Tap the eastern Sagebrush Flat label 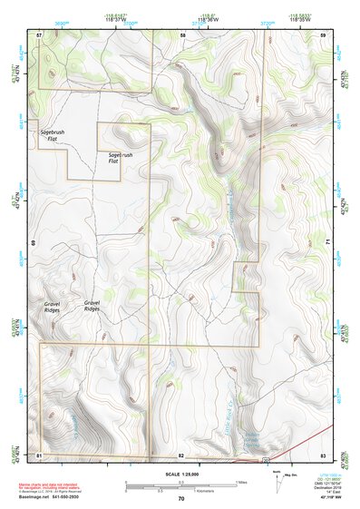[x=121, y=160]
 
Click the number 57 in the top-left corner [x=39, y=34]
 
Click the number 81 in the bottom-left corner [x=39, y=454]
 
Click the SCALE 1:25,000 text [x=180, y=474]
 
